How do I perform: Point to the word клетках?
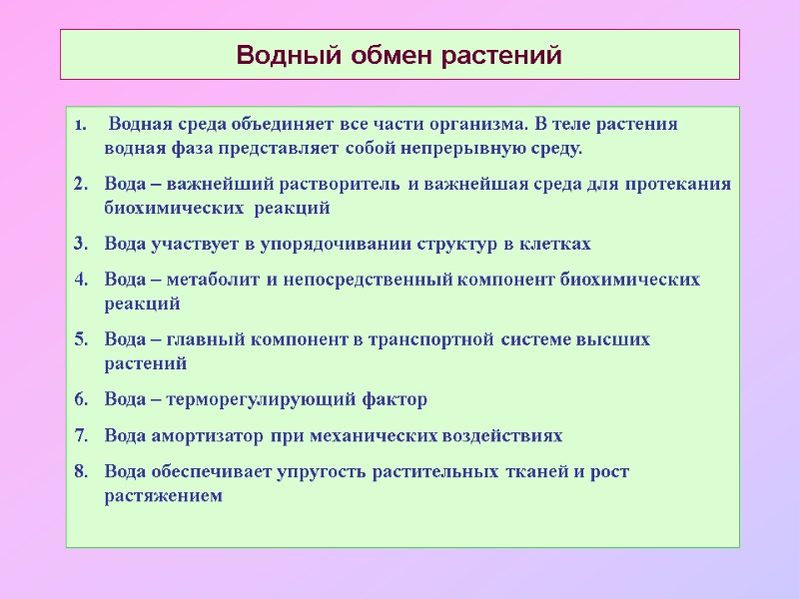click(554, 244)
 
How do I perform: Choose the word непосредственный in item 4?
click(375, 280)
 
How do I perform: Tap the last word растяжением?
click(163, 495)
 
